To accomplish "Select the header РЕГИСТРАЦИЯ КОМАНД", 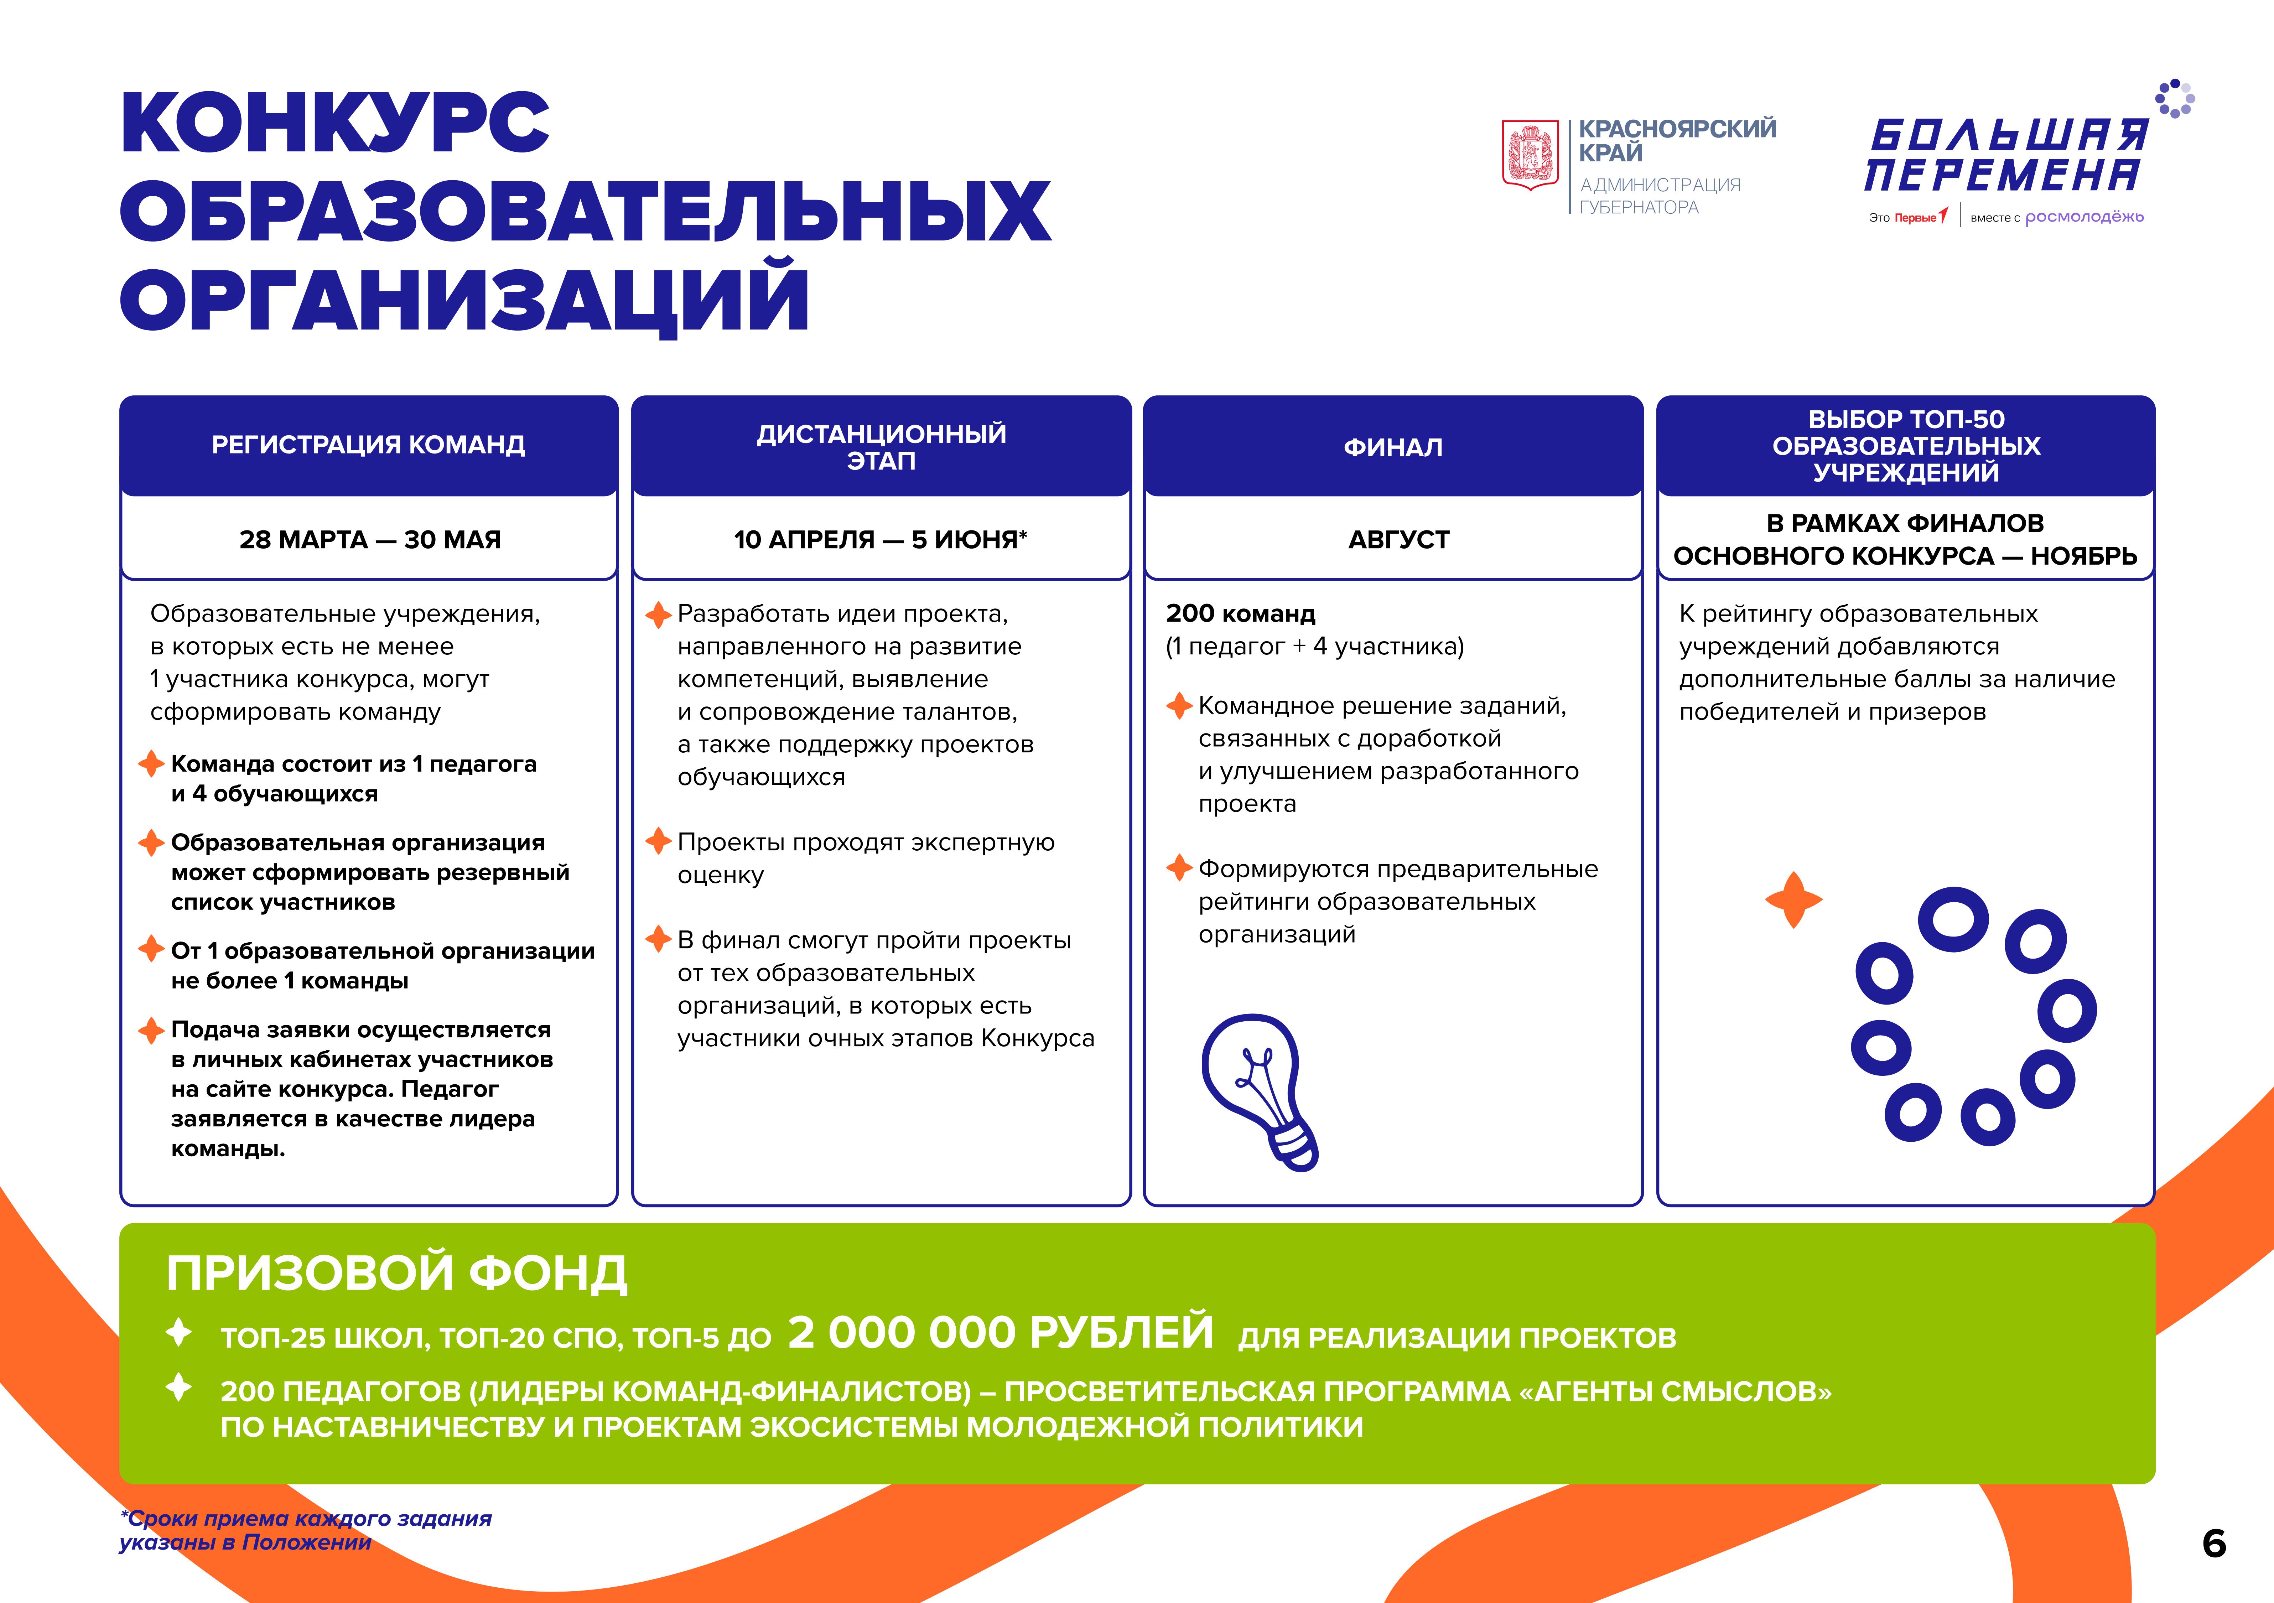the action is coord(368,445).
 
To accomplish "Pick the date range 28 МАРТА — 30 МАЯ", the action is coord(369,540).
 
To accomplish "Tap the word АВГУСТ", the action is coord(1398,540).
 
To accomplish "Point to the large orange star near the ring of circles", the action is coord(1793,899).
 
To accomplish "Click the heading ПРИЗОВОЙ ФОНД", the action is coord(396,1273).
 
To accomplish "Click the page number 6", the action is coord(2215,1544).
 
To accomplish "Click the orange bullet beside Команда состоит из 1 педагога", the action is coord(151,764).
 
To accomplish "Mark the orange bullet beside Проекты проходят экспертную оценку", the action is coord(659,842).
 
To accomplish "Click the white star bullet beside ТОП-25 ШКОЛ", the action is coord(179,1333).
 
